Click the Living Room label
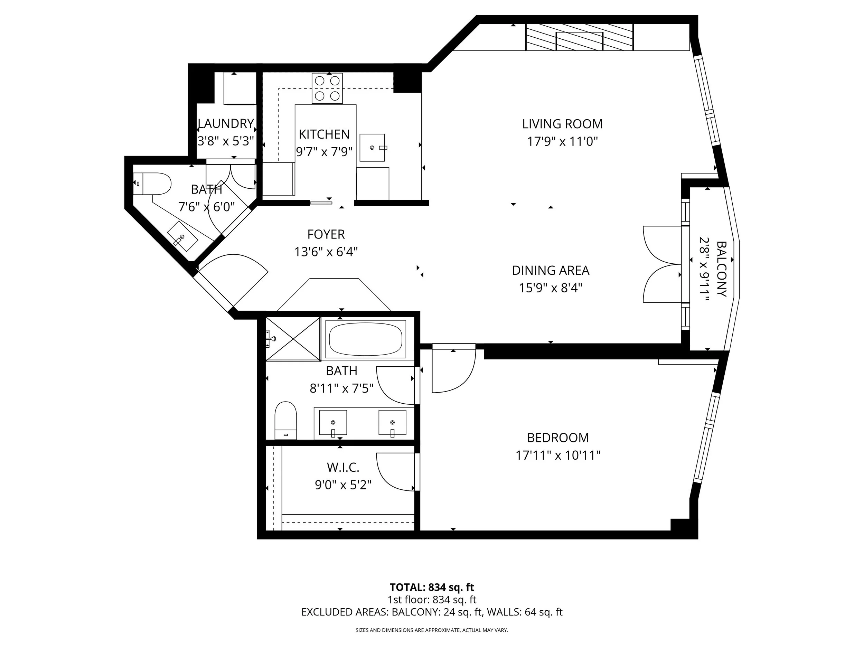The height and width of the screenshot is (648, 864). pyautogui.click(x=562, y=124)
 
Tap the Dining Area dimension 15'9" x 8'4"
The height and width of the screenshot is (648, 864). pyautogui.click(x=550, y=288)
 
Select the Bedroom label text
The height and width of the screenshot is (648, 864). pyautogui.click(x=558, y=438)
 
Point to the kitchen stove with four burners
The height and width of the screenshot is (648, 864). pyautogui.click(x=327, y=88)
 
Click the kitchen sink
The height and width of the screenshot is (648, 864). pyautogui.click(x=372, y=148)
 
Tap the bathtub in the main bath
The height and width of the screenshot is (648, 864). pyautogui.click(x=365, y=339)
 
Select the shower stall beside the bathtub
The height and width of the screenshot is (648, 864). pyautogui.click(x=293, y=338)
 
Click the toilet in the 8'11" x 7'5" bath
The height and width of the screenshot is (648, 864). pyautogui.click(x=285, y=421)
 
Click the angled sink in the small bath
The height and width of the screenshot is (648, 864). pyautogui.click(x=182, y=236)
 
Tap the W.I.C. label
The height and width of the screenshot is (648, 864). pyautogui.click(x=343, y=467)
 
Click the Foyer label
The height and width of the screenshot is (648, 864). pyautogui.click(x=326, y=234)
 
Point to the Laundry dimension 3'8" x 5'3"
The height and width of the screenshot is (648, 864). pyautogui.click(x=226, y=141)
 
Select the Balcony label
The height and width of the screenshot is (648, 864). pyautogui.click(x=721, y=269)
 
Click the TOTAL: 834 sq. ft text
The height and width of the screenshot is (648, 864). pyautogui.click(x=432, y=587)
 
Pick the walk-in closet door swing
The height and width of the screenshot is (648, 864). pyautogui.click(x=395, y=472)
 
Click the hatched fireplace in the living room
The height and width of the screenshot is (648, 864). pyautogui.click(x=579, y=37)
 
